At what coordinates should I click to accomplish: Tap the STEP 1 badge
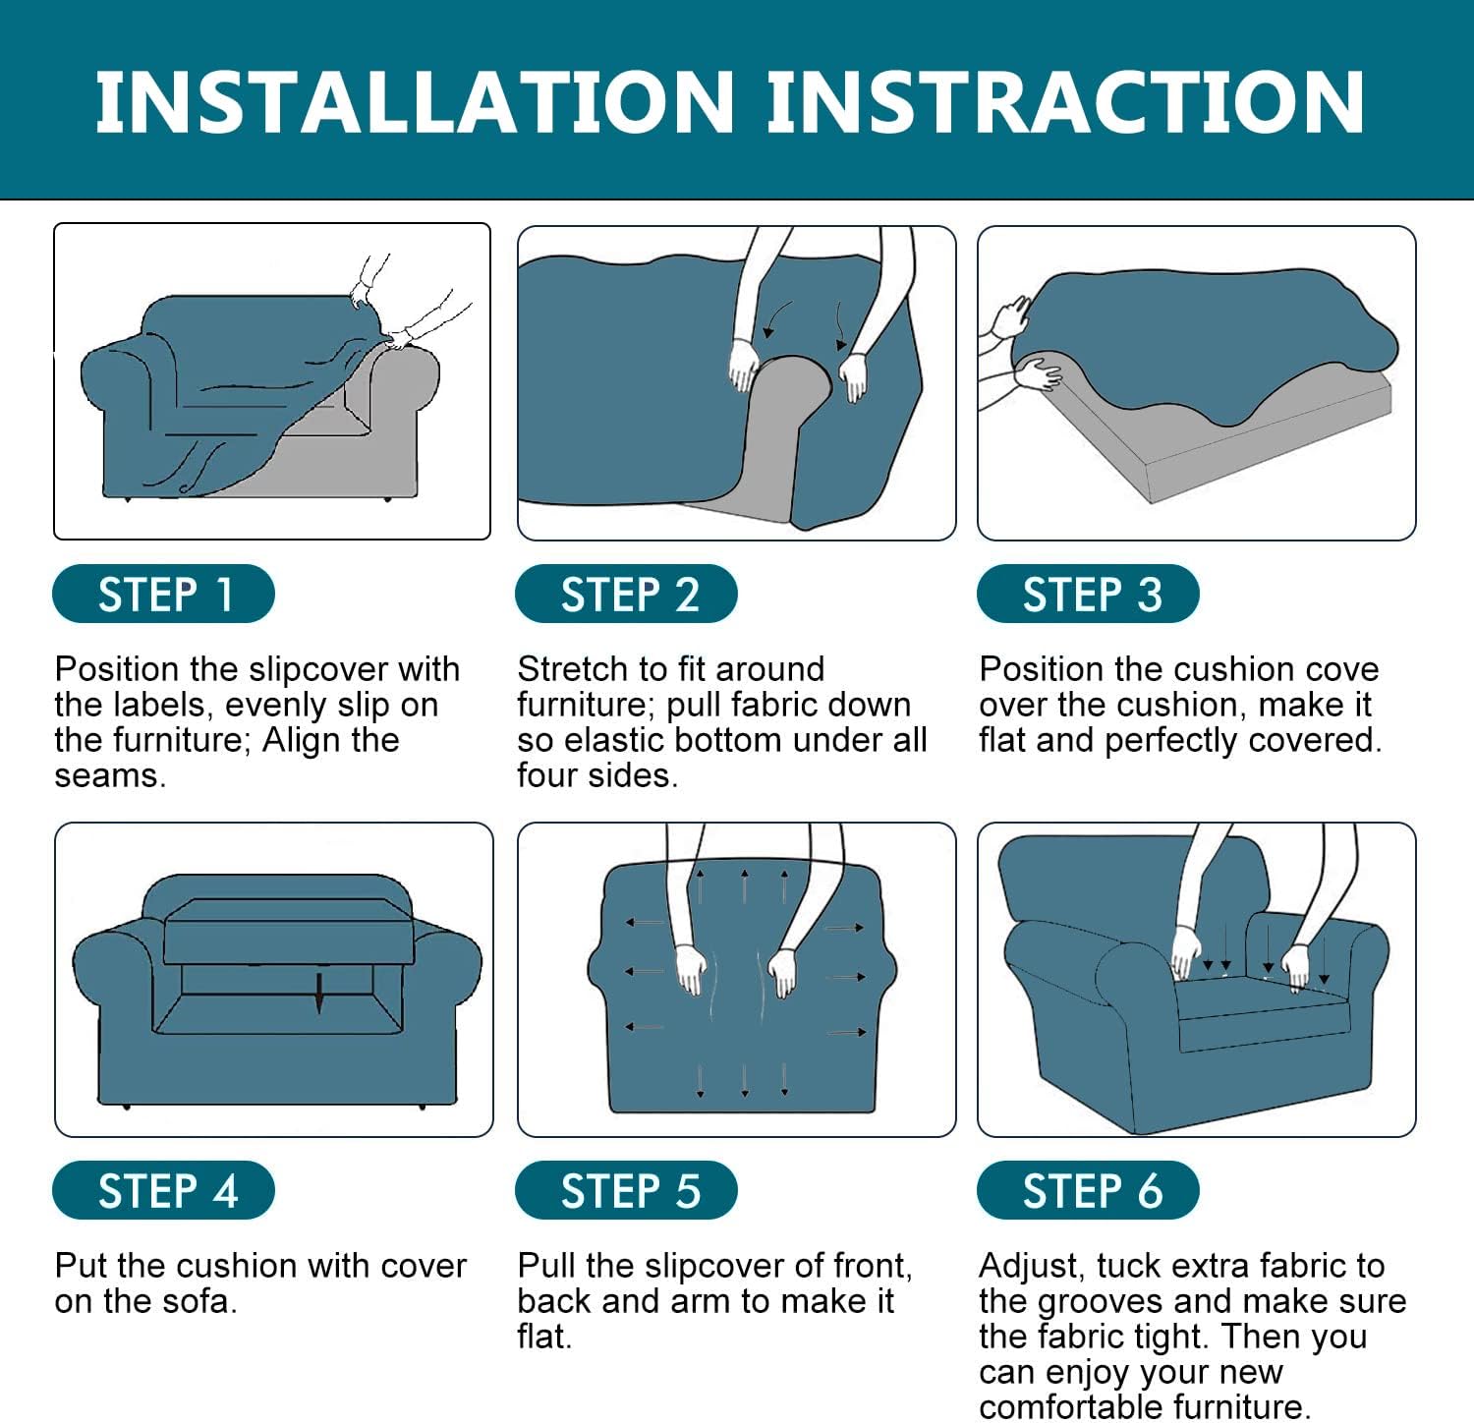[163, 594]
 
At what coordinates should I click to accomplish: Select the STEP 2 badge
[626, 594]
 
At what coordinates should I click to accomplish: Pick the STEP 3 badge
[1088, 594]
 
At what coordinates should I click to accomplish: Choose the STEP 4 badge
[163, 1190]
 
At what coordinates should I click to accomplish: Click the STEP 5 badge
[626, 1190]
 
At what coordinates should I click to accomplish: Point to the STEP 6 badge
[1088, 1190]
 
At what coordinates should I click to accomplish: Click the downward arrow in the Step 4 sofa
[319, 993]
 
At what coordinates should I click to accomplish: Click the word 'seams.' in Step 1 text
[110, 776]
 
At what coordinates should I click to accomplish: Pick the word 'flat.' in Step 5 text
[544, 1337]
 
